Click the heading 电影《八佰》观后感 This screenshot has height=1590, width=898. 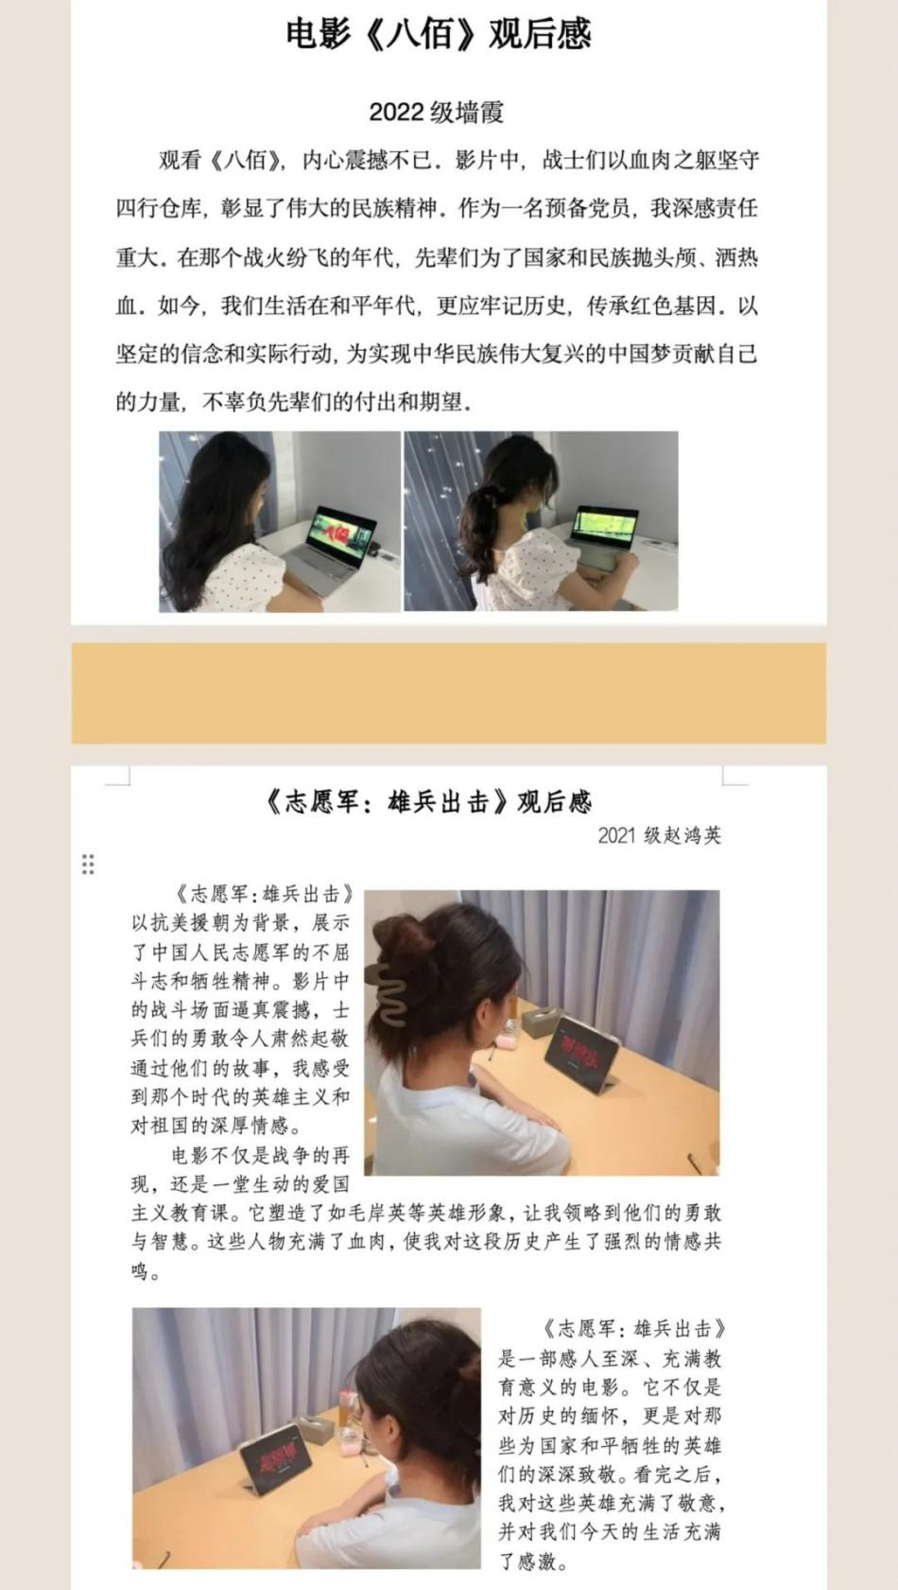pos(439,34)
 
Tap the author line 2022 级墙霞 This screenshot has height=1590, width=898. pos(436,113)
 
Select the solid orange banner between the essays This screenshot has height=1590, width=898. pos(448,693)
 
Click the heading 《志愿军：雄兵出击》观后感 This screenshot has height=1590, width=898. pos(428,802)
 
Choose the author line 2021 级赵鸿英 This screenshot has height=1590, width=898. pos(659,835)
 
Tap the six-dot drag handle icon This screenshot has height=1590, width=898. pos(88,865)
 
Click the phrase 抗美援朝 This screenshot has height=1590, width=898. pos(181,923)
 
